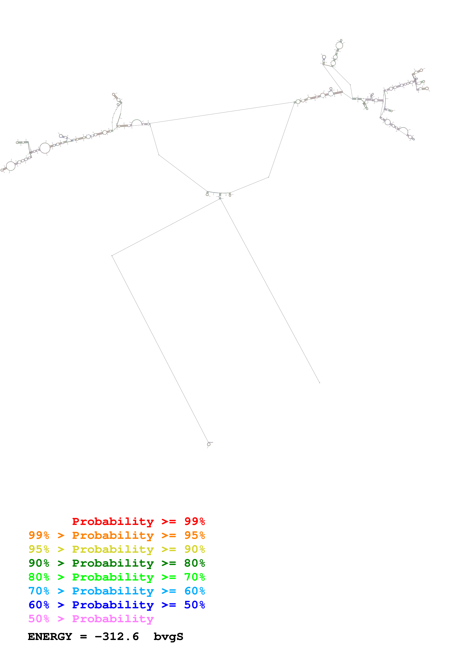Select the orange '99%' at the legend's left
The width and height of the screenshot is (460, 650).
pos(39,535)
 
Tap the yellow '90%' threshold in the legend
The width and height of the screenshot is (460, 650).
pos(194,549)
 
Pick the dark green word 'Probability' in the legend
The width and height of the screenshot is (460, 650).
pos(113,563)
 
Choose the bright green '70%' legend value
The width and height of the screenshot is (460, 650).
pos(194,577)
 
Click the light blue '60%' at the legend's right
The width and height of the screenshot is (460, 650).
pos(194,591)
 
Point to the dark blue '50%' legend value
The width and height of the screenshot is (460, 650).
pos(194,605)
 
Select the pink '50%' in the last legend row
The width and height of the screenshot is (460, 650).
pos(39,619)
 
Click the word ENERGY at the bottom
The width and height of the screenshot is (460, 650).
pos(50,637)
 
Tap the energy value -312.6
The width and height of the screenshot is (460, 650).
pos(117,637)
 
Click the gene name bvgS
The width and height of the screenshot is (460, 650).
pos(168,637)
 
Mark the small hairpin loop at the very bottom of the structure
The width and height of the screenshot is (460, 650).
pos(209,444)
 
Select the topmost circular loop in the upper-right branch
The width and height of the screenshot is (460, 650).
pos(339,45)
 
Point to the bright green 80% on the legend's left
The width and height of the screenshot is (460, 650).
pos(39,577)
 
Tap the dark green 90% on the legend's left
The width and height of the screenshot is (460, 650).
pos(39,563)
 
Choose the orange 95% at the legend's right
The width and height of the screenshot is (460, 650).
pos(194,535)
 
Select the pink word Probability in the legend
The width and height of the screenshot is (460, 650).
pos(113,619)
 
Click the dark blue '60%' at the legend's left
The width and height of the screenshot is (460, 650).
pos(39,605)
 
